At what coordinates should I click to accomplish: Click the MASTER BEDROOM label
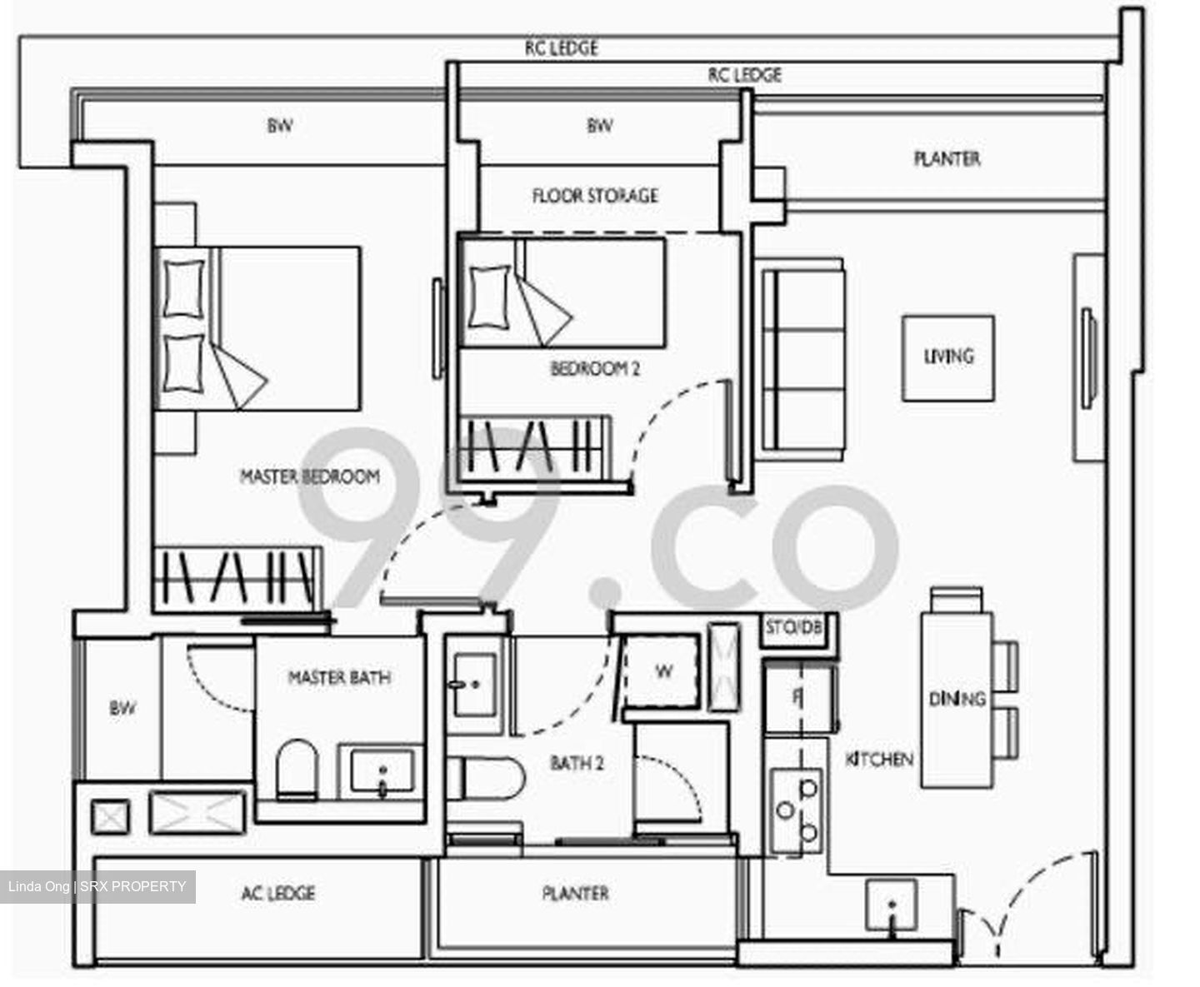tap(309, 476)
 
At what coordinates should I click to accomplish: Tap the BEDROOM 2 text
tap(595, 369)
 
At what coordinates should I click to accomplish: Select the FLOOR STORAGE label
tap(595, 196)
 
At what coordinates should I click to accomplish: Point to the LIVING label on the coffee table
tap(948, 356)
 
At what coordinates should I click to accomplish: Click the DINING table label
tap(957, 699)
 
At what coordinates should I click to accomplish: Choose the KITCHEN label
tap(879, 759)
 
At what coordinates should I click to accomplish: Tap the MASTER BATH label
tap(340, 677)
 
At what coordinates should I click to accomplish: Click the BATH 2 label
tap(577, 763)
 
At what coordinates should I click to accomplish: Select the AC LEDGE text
tap(277, 893)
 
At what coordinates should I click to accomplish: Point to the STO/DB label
tap(793, 627)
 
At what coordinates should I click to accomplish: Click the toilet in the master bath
tap(297, 770)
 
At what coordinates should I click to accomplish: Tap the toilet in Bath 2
tap(485, 778)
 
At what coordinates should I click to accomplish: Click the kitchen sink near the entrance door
tap(891, 905)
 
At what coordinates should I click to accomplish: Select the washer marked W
tap(661, 672)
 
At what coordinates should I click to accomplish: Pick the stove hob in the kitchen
tap(796, 811)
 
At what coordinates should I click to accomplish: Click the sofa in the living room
tap(801, 360)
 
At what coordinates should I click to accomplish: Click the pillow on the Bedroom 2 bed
tap(488, 297)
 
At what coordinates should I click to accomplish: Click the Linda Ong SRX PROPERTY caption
tap(97, 886)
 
